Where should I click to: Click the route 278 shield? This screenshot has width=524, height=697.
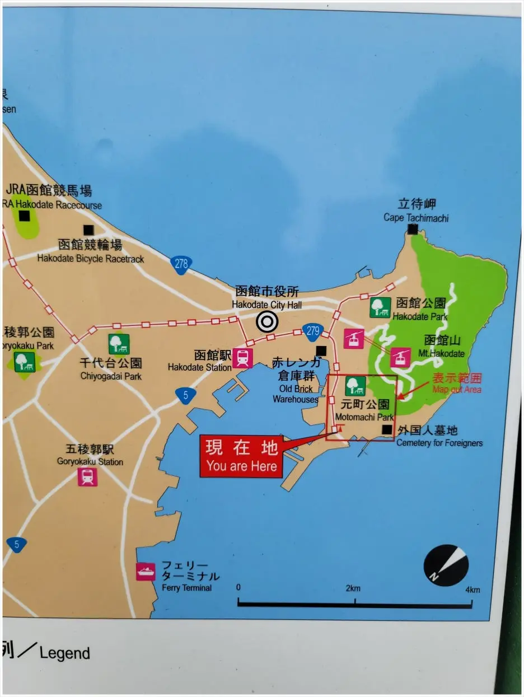pyautogui.click(x=181, y=264)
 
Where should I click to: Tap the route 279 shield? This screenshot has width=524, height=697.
pyautogui.click(x=312, y=331)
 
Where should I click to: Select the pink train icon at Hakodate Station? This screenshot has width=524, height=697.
pyautogui.click(x=242, y=358)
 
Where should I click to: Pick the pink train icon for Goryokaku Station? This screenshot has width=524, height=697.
pyautogui.click(x=87, y=476)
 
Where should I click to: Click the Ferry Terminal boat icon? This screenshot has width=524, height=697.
pyautogui.click(x=146, y=572)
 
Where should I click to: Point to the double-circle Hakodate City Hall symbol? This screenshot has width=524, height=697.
pyautogui.click(x=267, y=321)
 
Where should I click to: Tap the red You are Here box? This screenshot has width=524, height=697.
pyautogui.click(x=241, y=457)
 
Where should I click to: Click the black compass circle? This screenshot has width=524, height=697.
pyautogui.click(x=446, y=565)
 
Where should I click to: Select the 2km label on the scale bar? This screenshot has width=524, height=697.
pyautogui.click(x=352, y=588)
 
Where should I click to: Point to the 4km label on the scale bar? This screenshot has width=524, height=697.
pyautogui.click(x=471, y=590)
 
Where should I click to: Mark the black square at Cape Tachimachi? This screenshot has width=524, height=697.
pyautogui.click(x=413, y=229)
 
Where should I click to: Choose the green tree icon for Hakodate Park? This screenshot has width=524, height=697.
pyautogui.click(x=380, y=307)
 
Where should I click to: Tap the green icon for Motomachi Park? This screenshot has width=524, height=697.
pyautogui.click(x=355, y=386)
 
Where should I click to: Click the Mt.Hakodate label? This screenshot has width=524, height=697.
pyautogui.click(x=441, y=353)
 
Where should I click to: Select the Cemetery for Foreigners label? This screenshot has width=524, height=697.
pyautogui.click(x=439, y=443)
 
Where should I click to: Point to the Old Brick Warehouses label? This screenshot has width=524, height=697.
pyautogui.click(x=296, y=394)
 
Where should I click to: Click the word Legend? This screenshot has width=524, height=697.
pyautogui.click(x=64, y=653)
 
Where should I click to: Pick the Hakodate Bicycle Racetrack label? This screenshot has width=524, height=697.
pyautogui.click(x=91, y=259)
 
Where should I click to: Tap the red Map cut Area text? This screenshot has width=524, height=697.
pyautogui.click(x=456, y=389)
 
